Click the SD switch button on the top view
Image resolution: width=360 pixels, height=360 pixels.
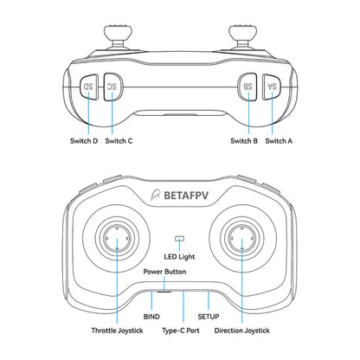89,88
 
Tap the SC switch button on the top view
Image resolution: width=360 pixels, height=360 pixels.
112,88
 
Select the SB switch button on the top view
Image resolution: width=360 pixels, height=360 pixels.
247,88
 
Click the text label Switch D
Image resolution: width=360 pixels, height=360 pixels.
83,140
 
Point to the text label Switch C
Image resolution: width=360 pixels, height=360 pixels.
119,140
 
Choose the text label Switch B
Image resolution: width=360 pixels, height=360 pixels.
244,140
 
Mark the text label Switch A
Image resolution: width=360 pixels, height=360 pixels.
280,140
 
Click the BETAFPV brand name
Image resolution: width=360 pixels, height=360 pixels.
192,196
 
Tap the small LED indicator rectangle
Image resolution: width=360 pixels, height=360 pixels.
180,238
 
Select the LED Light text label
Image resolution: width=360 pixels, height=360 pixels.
180,256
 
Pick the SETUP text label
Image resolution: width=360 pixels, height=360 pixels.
209,318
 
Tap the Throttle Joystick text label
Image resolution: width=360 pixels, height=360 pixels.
116,331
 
